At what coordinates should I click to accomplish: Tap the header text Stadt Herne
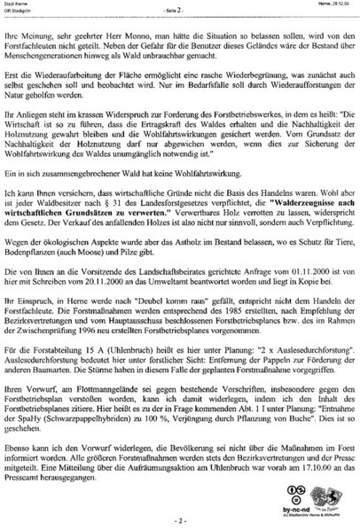click(x=17, y=4)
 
